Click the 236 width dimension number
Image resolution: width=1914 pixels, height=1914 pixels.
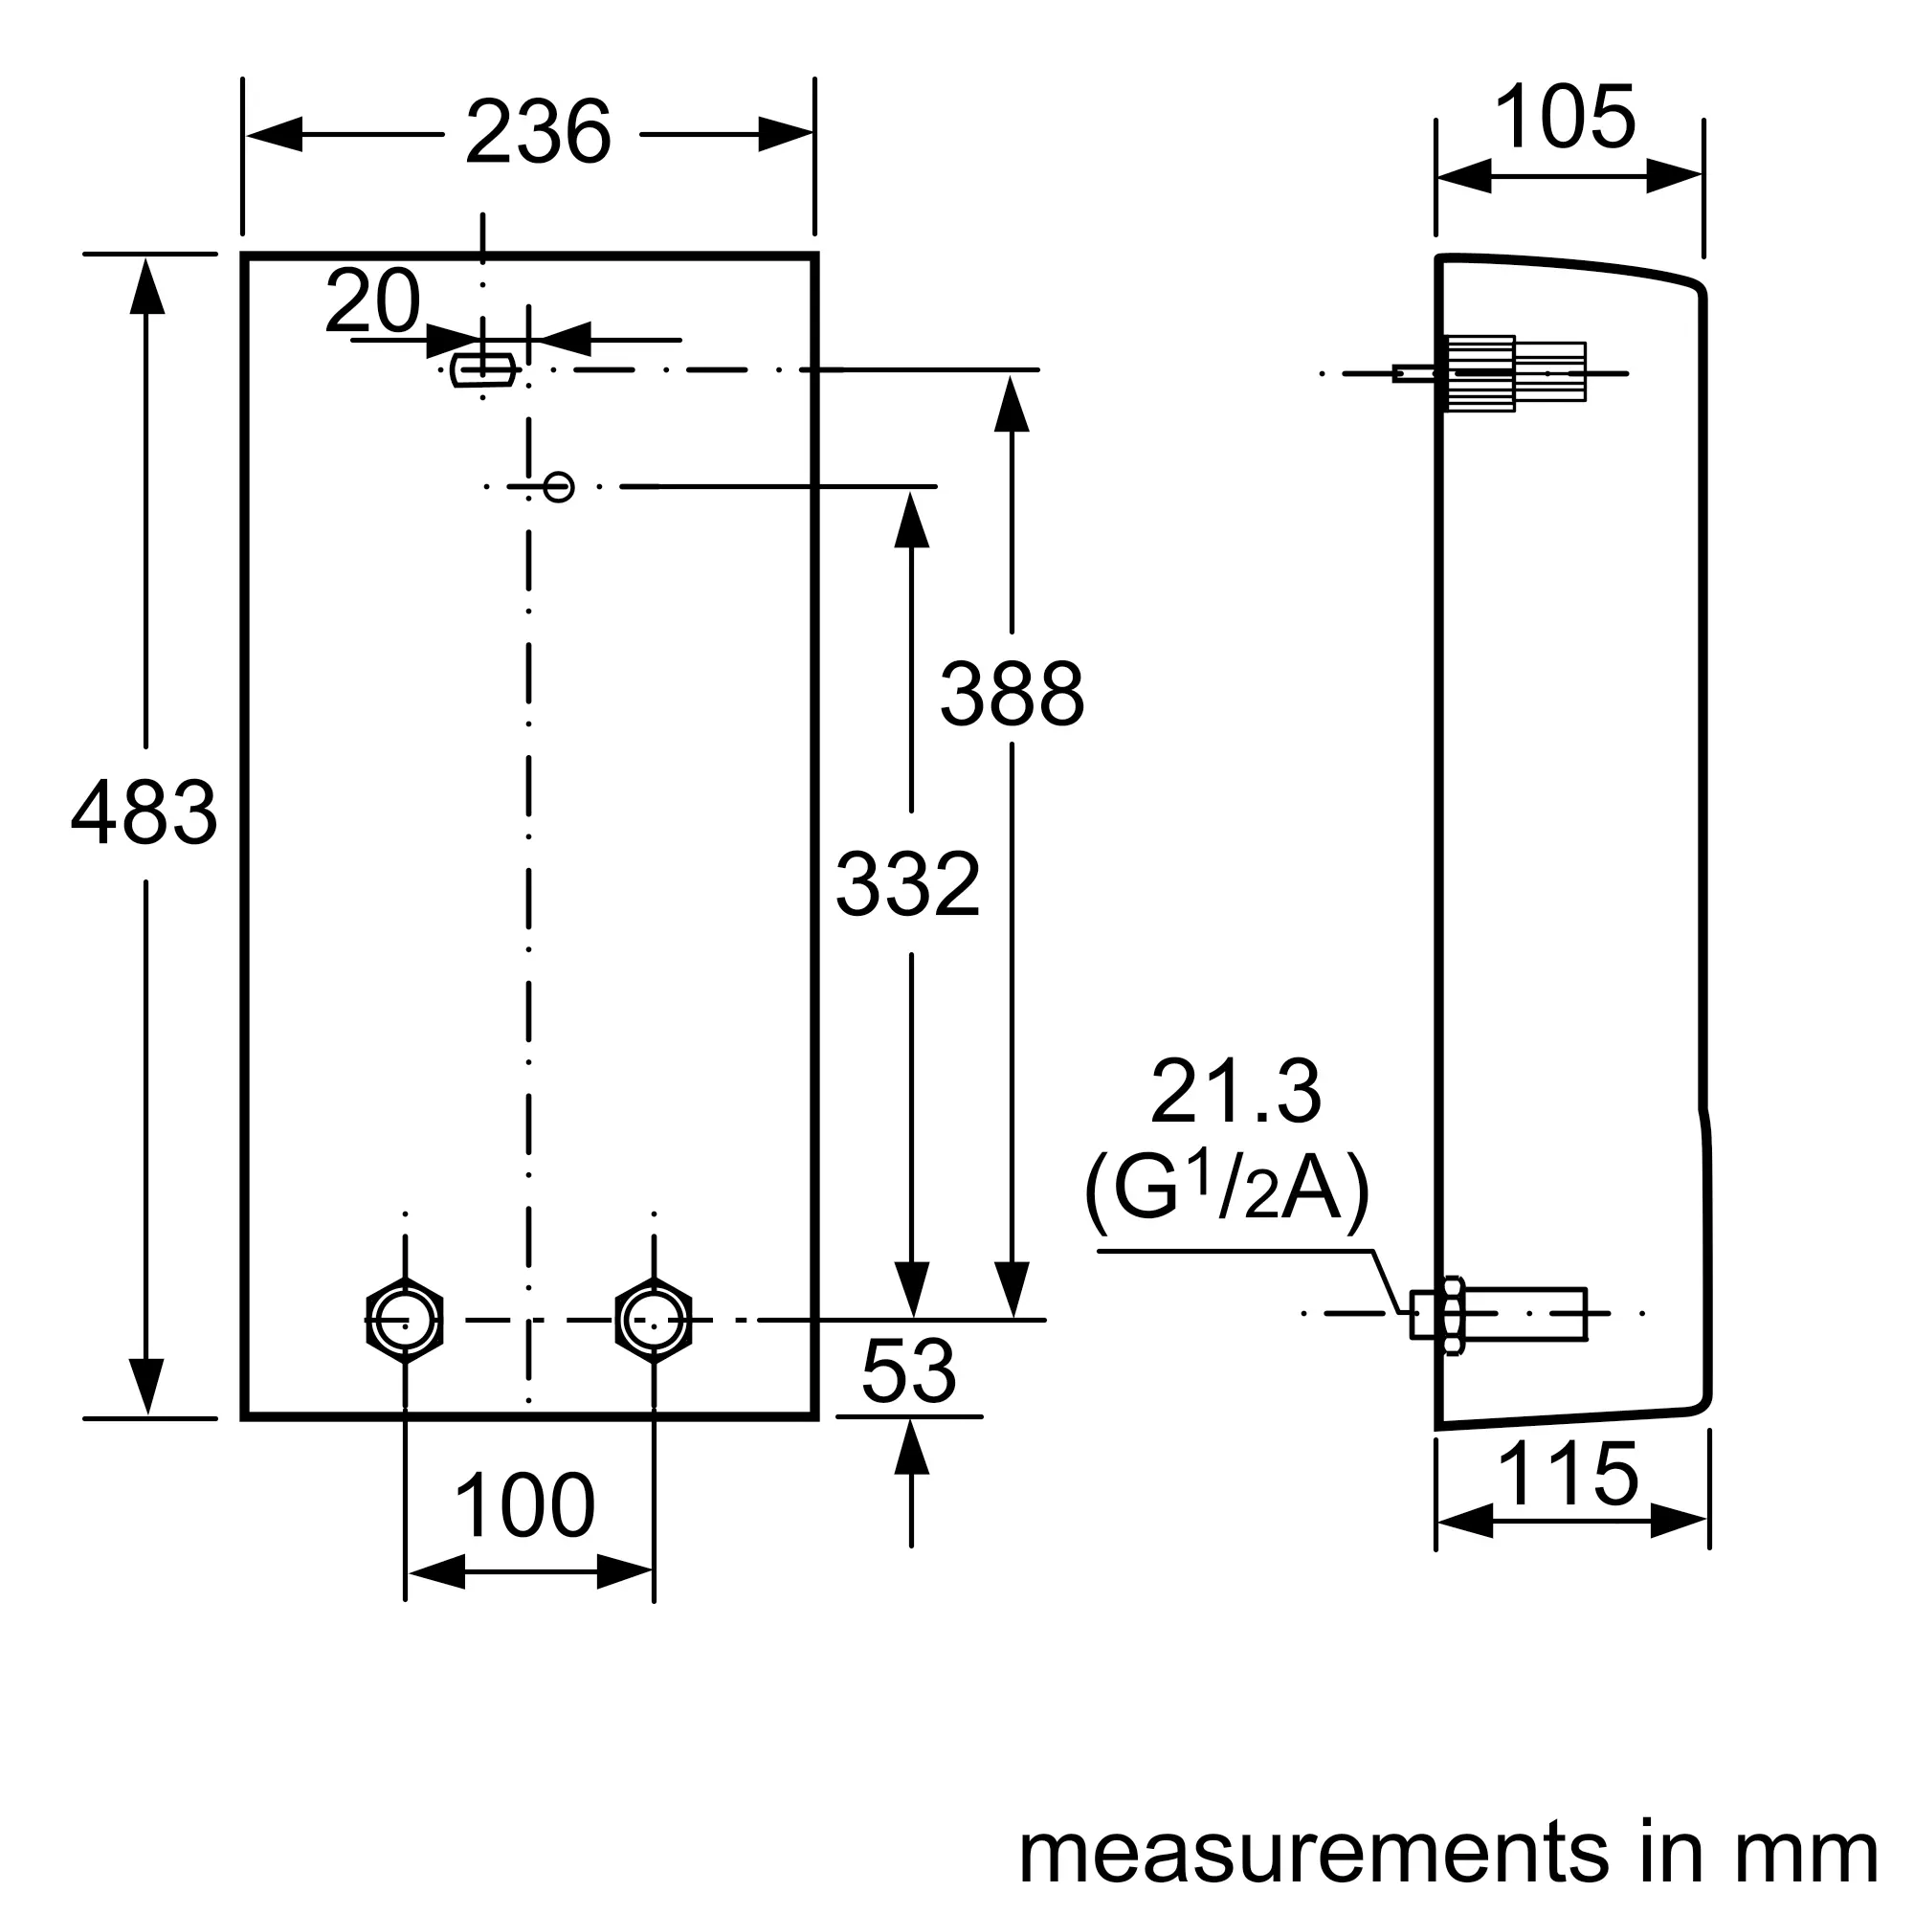click(x=538, y=133)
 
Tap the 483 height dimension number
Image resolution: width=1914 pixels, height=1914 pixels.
click(x=145, y=814)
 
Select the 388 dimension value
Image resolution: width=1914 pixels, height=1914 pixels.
click(x=1012, y=695)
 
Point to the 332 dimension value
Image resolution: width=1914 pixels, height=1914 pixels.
click(x=907, y=883)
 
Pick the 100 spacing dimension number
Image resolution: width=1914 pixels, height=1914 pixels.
click(x=524, y=1505)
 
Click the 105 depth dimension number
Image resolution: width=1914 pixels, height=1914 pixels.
click(x=1565, y=117)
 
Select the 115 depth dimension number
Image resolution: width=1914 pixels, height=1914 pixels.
click(x=1569, y=1474)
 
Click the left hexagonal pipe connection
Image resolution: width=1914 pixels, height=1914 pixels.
click(x=405, y=1321)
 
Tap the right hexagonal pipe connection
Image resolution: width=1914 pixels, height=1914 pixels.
click(x=654, y=1321)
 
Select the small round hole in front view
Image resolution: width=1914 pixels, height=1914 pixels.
click(x=559, y=486)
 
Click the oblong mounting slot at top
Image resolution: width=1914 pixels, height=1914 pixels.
click(x=482, y=369)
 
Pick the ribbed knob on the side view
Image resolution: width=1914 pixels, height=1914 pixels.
click(x=1480, y=373)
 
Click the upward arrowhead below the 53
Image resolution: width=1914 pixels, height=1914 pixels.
click(x=911, y=1447)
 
